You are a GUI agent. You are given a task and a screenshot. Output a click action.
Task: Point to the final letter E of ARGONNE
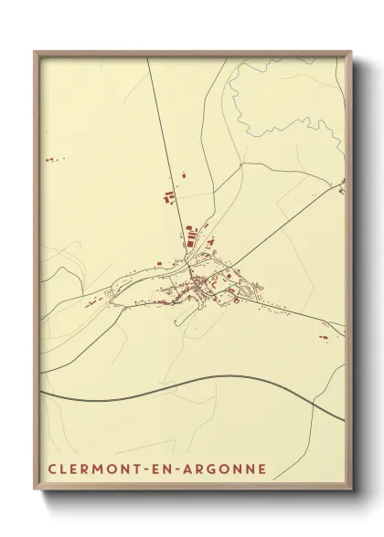tap(263, 469)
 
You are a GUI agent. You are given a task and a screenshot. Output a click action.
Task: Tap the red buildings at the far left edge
tap(49, 160)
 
